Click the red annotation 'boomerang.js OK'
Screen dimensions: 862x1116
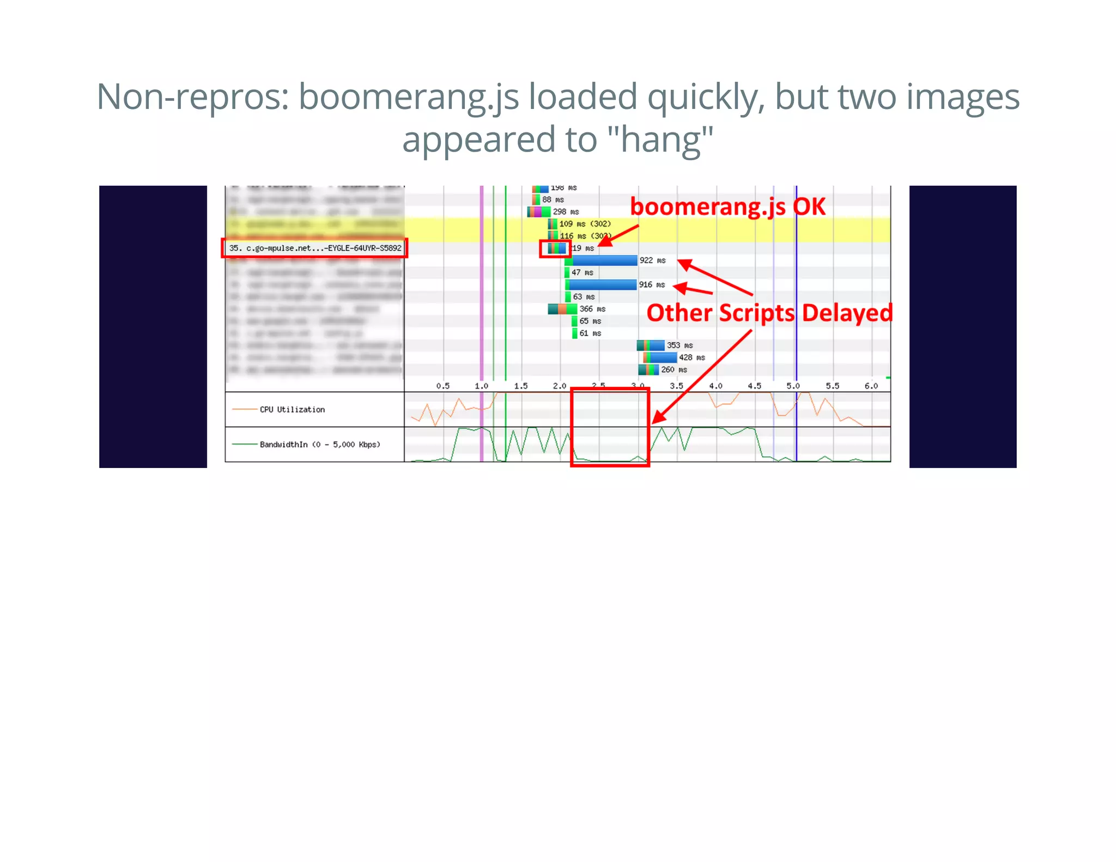click(x=727, y=207)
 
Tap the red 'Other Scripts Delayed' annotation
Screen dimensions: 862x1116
click(x=769, y=313)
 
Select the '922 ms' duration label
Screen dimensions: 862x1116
click(x=652, y=260)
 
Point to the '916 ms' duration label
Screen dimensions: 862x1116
click(x=652, y=284)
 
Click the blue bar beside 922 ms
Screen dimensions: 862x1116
click(x=604, y=260)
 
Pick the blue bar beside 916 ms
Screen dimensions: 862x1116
click(x=603, y=284)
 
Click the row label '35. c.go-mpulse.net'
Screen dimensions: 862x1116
click(x=315, y=248)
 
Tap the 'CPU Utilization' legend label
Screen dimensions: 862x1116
click(x=292, y=410)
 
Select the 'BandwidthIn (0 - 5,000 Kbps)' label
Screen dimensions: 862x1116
click(x=320, y=445)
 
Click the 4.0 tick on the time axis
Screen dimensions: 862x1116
click(x=715, y=386)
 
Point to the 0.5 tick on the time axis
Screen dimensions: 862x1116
click(x=443, y=386)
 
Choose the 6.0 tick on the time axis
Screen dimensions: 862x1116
click(x=871, y=386)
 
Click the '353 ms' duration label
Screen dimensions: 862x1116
click(x=680, y=345)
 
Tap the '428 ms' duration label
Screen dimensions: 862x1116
click(x=692, y=357)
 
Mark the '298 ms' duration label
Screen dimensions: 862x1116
click(x=566, y=211)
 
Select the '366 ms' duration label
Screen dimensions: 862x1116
click(x=592, y=309)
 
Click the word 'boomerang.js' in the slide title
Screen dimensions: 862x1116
click(x=409, y=97)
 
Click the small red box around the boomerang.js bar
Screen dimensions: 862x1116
click(x=555, y=248)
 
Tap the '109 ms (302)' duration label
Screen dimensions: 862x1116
click(x=585, y=224)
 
